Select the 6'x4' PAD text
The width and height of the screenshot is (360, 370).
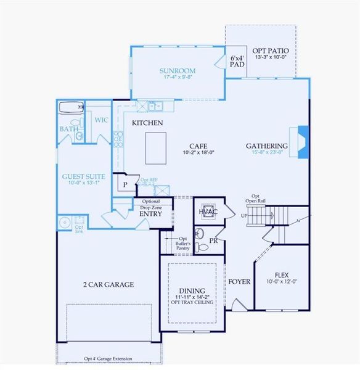pyautogui.click(x=237, y=62)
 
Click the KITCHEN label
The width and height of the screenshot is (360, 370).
pyautogui.click(x=147, y=123)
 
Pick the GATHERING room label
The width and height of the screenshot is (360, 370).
pyautogui.click(x=267, y=146)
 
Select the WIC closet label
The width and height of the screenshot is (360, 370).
pyautogui.click(x=101, y=120)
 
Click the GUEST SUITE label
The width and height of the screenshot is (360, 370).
pyautogui.click(x=81, y=176)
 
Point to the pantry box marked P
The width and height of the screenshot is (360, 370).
pyautogui.click(x=125, y=184)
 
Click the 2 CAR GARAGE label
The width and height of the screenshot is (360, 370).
pyautogui.click(x=108, y=284)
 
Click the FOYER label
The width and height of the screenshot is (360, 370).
pyautogui.click(x=239, y=281)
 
